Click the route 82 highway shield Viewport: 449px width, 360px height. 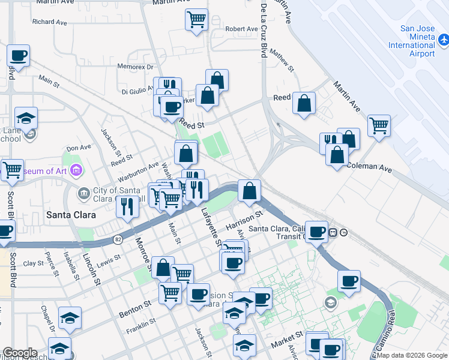tap(117, 239)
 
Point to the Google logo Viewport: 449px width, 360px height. tap(20, 353)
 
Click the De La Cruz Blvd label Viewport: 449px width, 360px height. tap(263, 30)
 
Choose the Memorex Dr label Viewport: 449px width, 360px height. tap(136, 67)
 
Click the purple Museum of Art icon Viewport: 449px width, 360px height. tap(76, 172)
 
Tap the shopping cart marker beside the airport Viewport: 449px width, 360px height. tap(379, 125)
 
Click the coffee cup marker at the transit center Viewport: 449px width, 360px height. tap(316, 232)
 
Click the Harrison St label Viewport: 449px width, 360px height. tap(244, 220)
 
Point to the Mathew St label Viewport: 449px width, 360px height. tap(282, 61)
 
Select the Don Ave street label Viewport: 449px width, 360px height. tap(79, 148)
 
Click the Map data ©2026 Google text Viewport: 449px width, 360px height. tap(415, 355)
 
